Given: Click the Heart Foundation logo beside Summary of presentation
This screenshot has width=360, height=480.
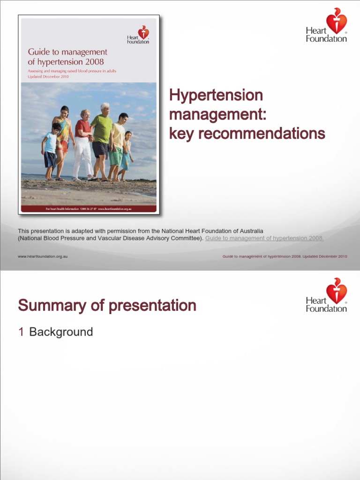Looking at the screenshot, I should [x=327, y=295].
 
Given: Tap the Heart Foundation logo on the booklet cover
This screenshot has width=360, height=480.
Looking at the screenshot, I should [x=138, y=35].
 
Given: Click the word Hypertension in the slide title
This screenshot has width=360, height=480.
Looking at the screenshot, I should [x=216, y=95].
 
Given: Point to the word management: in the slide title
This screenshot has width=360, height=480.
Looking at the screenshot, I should [x=217, y=114].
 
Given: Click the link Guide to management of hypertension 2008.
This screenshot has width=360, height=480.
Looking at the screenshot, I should [x=264, y=238].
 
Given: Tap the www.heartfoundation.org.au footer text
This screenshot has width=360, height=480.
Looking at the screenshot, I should [x=43, y=256].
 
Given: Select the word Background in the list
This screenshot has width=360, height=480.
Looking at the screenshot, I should [x=61, y=332].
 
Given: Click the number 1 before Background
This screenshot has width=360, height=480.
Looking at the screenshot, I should [x=21, y=332].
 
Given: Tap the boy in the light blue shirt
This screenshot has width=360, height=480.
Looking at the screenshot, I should [x=50, y=150].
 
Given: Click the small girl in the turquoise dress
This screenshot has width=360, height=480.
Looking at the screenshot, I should [x=126, y=155].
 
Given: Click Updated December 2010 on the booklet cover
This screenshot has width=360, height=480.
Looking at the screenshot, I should [x=48, y=76].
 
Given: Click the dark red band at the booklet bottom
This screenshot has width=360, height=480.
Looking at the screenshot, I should [x=89, y=209].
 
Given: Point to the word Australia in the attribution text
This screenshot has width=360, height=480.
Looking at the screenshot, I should [x=249, y=231].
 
